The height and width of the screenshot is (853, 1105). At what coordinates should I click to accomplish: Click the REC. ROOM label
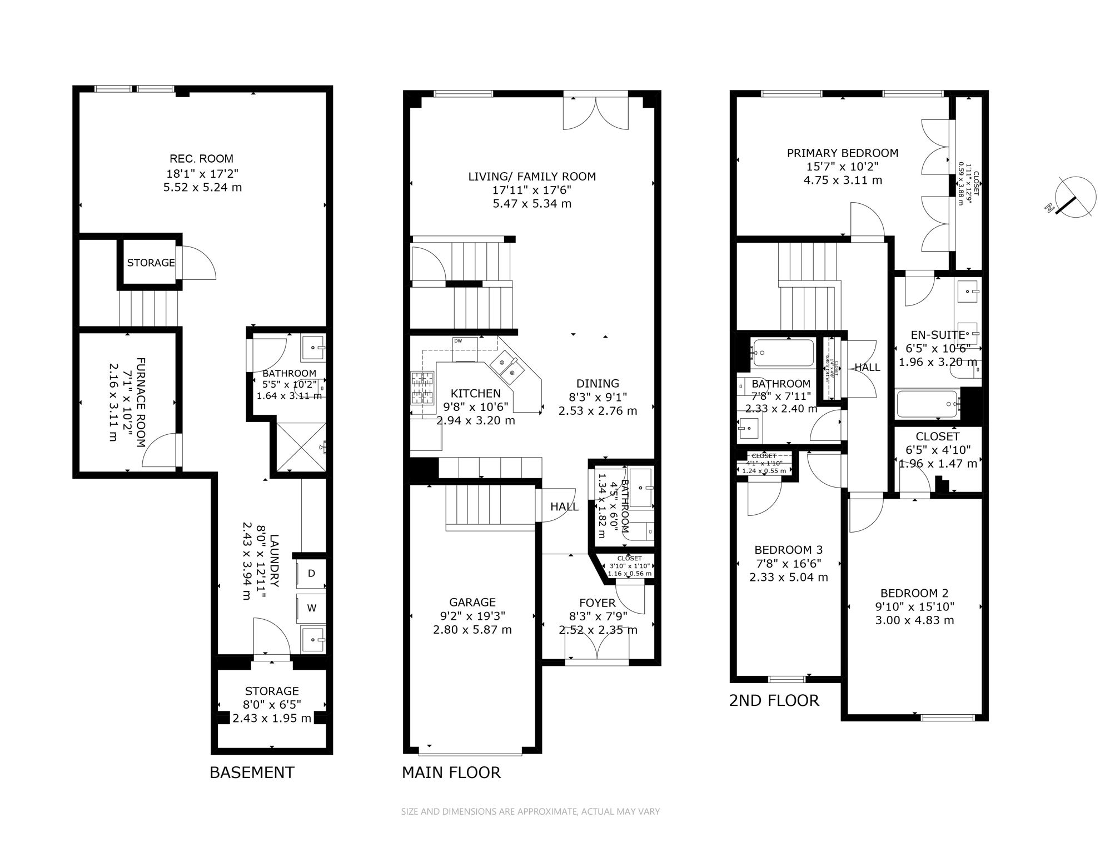(x=201, y=159)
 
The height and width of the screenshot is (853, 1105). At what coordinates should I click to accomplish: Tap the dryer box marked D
(x=311, y=573)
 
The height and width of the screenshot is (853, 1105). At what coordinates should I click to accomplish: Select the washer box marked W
(x=311, y=608)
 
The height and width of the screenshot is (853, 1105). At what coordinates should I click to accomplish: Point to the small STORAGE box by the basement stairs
(x=151, y=263)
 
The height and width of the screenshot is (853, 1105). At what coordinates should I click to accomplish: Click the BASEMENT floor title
(x=252, y=772)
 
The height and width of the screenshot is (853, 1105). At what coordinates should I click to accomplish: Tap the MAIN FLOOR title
(x=451, y=772)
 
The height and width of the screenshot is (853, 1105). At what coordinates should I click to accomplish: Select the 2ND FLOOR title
(x=774, y=701)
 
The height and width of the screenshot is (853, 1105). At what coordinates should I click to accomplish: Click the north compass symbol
(x=1076, y=198)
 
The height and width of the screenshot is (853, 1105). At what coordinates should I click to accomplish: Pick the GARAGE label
(x=472, y=602)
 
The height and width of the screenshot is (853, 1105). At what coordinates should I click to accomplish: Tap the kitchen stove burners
(x=422, y=388)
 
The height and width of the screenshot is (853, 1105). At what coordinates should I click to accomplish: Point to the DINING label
(x=598, y=383)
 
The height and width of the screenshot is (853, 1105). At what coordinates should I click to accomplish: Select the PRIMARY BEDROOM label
(x=842, y=153)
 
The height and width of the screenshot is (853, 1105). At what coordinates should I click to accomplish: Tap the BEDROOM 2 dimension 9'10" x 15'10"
(x=914, y=607)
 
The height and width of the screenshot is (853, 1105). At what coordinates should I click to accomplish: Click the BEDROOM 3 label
(x=788, y=550)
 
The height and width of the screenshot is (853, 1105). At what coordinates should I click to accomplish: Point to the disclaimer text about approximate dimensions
(x=530, y=811)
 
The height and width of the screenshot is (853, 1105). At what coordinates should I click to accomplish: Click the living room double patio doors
(x=596, y=114)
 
